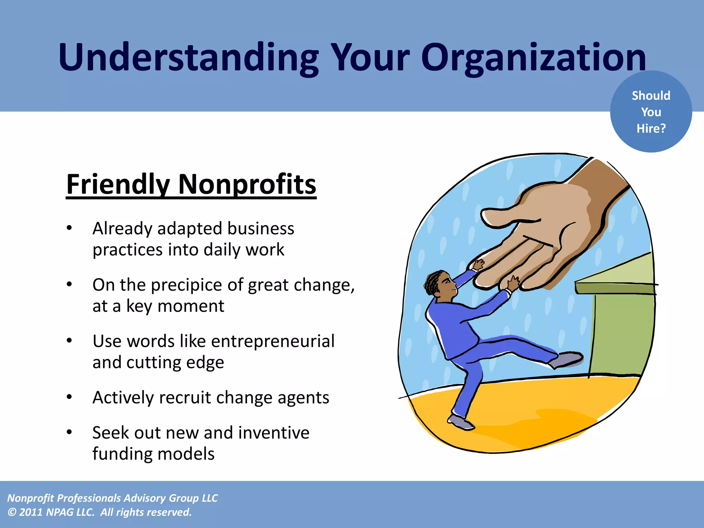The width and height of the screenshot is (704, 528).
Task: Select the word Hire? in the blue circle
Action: pos(651,129)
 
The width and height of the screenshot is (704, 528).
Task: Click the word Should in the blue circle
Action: pos(651,96)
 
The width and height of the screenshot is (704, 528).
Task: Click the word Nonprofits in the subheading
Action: pos(247,185)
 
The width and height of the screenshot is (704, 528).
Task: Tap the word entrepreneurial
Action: pos(273,341)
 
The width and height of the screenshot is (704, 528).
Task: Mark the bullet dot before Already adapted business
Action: pos(69,228)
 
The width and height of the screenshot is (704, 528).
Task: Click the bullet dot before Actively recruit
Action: pos(69,397)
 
